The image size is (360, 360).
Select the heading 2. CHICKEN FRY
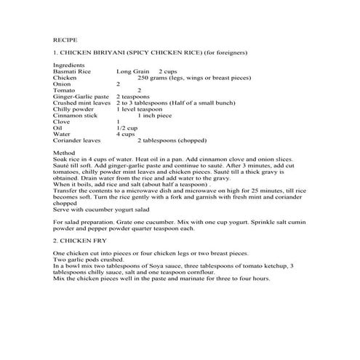coord(79,239)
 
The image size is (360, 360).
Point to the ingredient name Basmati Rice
coord(71,72)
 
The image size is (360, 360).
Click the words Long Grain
coord(132,72)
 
